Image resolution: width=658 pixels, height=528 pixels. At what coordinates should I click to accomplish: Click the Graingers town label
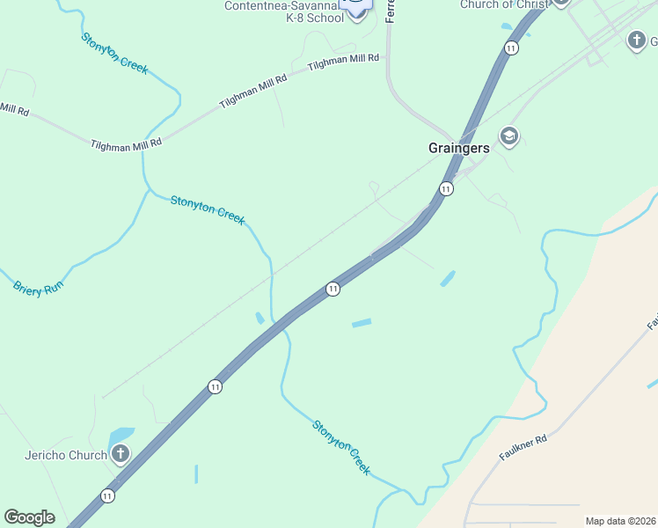pyautogui.click(x=458, y=149)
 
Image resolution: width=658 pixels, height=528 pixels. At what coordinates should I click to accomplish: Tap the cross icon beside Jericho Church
pyautogui.click(x=121, y=455)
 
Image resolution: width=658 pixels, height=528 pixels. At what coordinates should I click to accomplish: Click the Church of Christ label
pyautogui.click(x=504, y=4)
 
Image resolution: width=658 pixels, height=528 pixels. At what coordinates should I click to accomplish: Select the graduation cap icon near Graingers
pyautogui.click(x=508, y=136)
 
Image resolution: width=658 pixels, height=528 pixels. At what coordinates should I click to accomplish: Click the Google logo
pyautogui.click(x=29, y=517)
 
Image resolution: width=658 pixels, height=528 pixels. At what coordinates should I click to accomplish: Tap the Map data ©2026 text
pyautogui.click(x=620, y=521)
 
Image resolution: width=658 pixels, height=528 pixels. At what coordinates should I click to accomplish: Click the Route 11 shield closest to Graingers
pyautogui.click(x=446, y=189)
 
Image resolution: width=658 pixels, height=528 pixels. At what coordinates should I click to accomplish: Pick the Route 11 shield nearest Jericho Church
pyautogui.click(x=107, y=495)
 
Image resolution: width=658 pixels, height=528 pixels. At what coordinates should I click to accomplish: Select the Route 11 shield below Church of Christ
pyautogui.click(x=510, y=48)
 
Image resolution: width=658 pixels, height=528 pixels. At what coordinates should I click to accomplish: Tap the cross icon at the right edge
pyautogui.click(x=637, y=40)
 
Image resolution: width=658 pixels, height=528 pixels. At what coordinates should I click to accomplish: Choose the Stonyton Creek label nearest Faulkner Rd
pyautogui.click(x=341, y=447)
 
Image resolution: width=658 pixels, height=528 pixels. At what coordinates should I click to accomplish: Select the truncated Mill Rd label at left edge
pyautogui.click(x=15, y=109)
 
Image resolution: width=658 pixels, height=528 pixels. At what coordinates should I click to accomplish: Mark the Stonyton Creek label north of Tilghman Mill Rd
pyautogui.click(x=114, y=53)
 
